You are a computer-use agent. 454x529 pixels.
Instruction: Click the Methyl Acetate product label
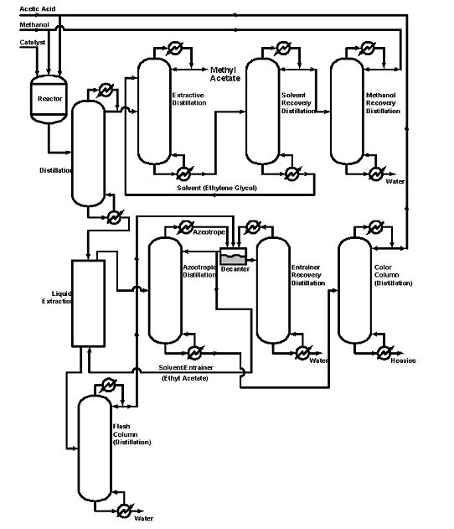click(x=224, y=74)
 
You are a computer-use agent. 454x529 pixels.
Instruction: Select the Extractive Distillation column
click(x=153, y=109)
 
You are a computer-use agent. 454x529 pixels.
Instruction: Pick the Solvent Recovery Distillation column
click(x=261, y=109)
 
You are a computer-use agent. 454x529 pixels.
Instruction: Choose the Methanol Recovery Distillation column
click(x=346, y=109)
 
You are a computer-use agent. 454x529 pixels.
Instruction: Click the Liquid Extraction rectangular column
click(x=88, y=303)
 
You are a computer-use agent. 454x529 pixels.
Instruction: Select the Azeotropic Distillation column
click(x=164, y=290)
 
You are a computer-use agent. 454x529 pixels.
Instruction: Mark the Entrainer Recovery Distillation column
click(x=271, y=290)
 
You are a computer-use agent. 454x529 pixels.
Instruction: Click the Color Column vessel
click(x=354, y=290)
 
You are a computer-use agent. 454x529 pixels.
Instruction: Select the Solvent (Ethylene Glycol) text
click(x=216, y=187)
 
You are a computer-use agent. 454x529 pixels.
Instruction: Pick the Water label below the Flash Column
click(x=143, y=519)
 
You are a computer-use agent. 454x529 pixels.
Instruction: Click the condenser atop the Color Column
click(x=372, y=229)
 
